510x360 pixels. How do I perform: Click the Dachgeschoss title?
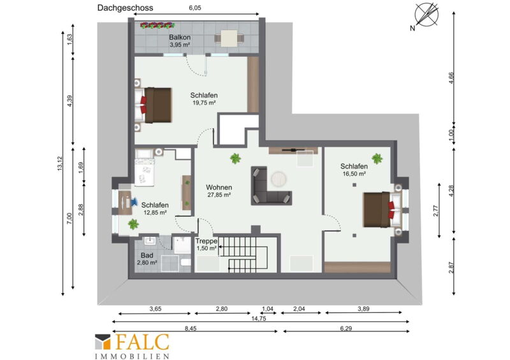coord(125,8)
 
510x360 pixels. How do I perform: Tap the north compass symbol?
coord(426,15)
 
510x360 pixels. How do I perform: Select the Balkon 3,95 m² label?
coord(180,41)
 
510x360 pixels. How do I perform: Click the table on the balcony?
coord(229,38)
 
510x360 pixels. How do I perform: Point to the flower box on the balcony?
coord(157,25)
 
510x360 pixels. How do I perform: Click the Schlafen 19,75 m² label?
coord(204,99)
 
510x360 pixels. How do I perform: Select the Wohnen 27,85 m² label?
coord(219,191)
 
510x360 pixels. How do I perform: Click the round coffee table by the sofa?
coord(279,179)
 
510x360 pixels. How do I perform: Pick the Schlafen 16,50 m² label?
coord(354,169)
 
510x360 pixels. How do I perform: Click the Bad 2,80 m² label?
coord(147,259)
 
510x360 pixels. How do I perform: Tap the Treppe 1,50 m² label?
coord(207,245)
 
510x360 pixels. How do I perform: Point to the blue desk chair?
coord(134,201)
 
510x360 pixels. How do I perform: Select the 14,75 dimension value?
coord(259,319)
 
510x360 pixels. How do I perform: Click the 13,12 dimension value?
coord(59,164)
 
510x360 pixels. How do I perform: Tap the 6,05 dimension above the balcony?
coord(195,8)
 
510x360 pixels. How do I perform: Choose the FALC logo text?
coord(142,342)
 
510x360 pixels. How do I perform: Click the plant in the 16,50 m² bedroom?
coord(377,159)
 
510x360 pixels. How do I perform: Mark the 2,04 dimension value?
coord(299,308)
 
